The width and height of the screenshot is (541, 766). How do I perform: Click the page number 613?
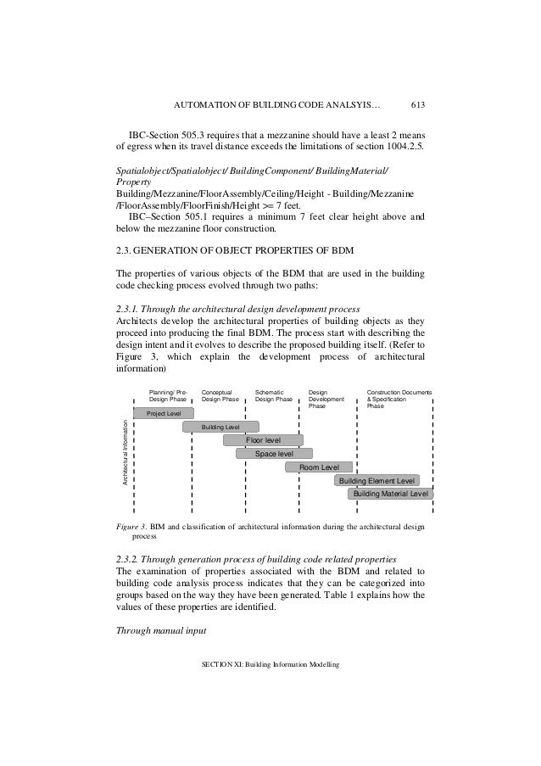click(x=417, y=106)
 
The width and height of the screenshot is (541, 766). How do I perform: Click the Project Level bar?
click(x=164, y=413)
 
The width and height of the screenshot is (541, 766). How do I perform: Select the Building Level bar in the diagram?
click(x=220, y=427)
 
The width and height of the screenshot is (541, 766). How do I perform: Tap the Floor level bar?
click(x=263, y=440)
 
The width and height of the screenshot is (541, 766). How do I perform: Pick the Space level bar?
click(x=274, y=454)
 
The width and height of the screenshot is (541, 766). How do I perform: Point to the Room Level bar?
click(x=320, y=467)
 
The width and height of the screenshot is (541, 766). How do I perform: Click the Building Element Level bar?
click(x=376, y=480)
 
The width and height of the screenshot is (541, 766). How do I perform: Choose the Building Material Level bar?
click(x=391, y=493)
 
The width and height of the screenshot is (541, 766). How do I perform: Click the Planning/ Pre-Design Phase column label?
click(x=167, y=396)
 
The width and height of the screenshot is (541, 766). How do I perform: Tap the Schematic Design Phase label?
click(x=274, y=396)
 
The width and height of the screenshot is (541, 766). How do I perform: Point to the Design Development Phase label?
click(x=326, y=400)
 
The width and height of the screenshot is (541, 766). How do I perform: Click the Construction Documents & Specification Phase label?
click(x=399, y=400)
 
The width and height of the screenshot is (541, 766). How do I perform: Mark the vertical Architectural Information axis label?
click(x=125, y=454)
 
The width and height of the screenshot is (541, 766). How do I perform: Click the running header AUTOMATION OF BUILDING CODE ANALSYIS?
click(x=276, y=106)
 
